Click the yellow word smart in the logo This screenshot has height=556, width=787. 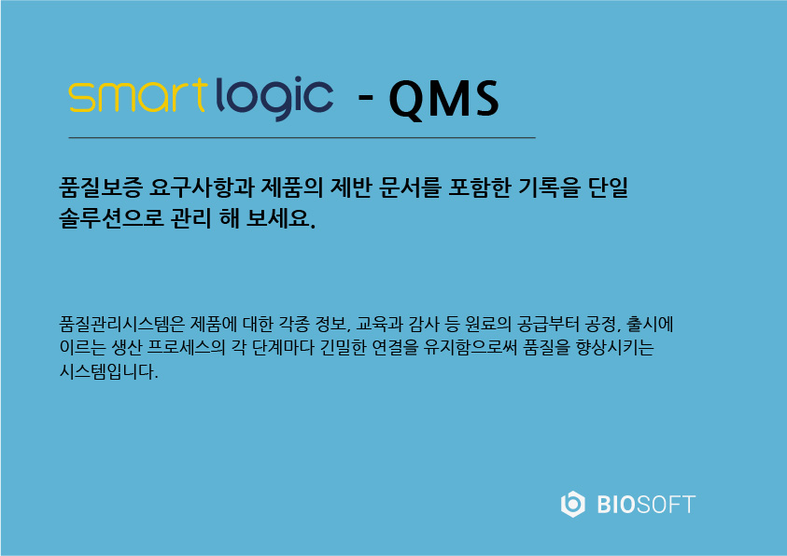tap(138, 95)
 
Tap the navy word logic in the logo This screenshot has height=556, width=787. tap(274, 98)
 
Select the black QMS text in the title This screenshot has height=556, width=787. tap(443, 99)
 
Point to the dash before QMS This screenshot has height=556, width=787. tap(365, 95)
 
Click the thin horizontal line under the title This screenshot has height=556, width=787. tap(302, 137)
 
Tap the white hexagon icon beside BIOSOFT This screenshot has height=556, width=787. tap(572, 504)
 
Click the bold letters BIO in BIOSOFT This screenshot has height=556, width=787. tap(616, 505)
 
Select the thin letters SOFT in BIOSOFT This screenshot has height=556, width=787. tap(666, 505)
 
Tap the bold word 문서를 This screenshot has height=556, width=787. tap(410, 188)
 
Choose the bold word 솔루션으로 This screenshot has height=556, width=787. tap(111, 217)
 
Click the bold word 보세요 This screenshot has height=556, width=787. tap(281, 217)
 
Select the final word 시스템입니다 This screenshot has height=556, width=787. tap(108, 371)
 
